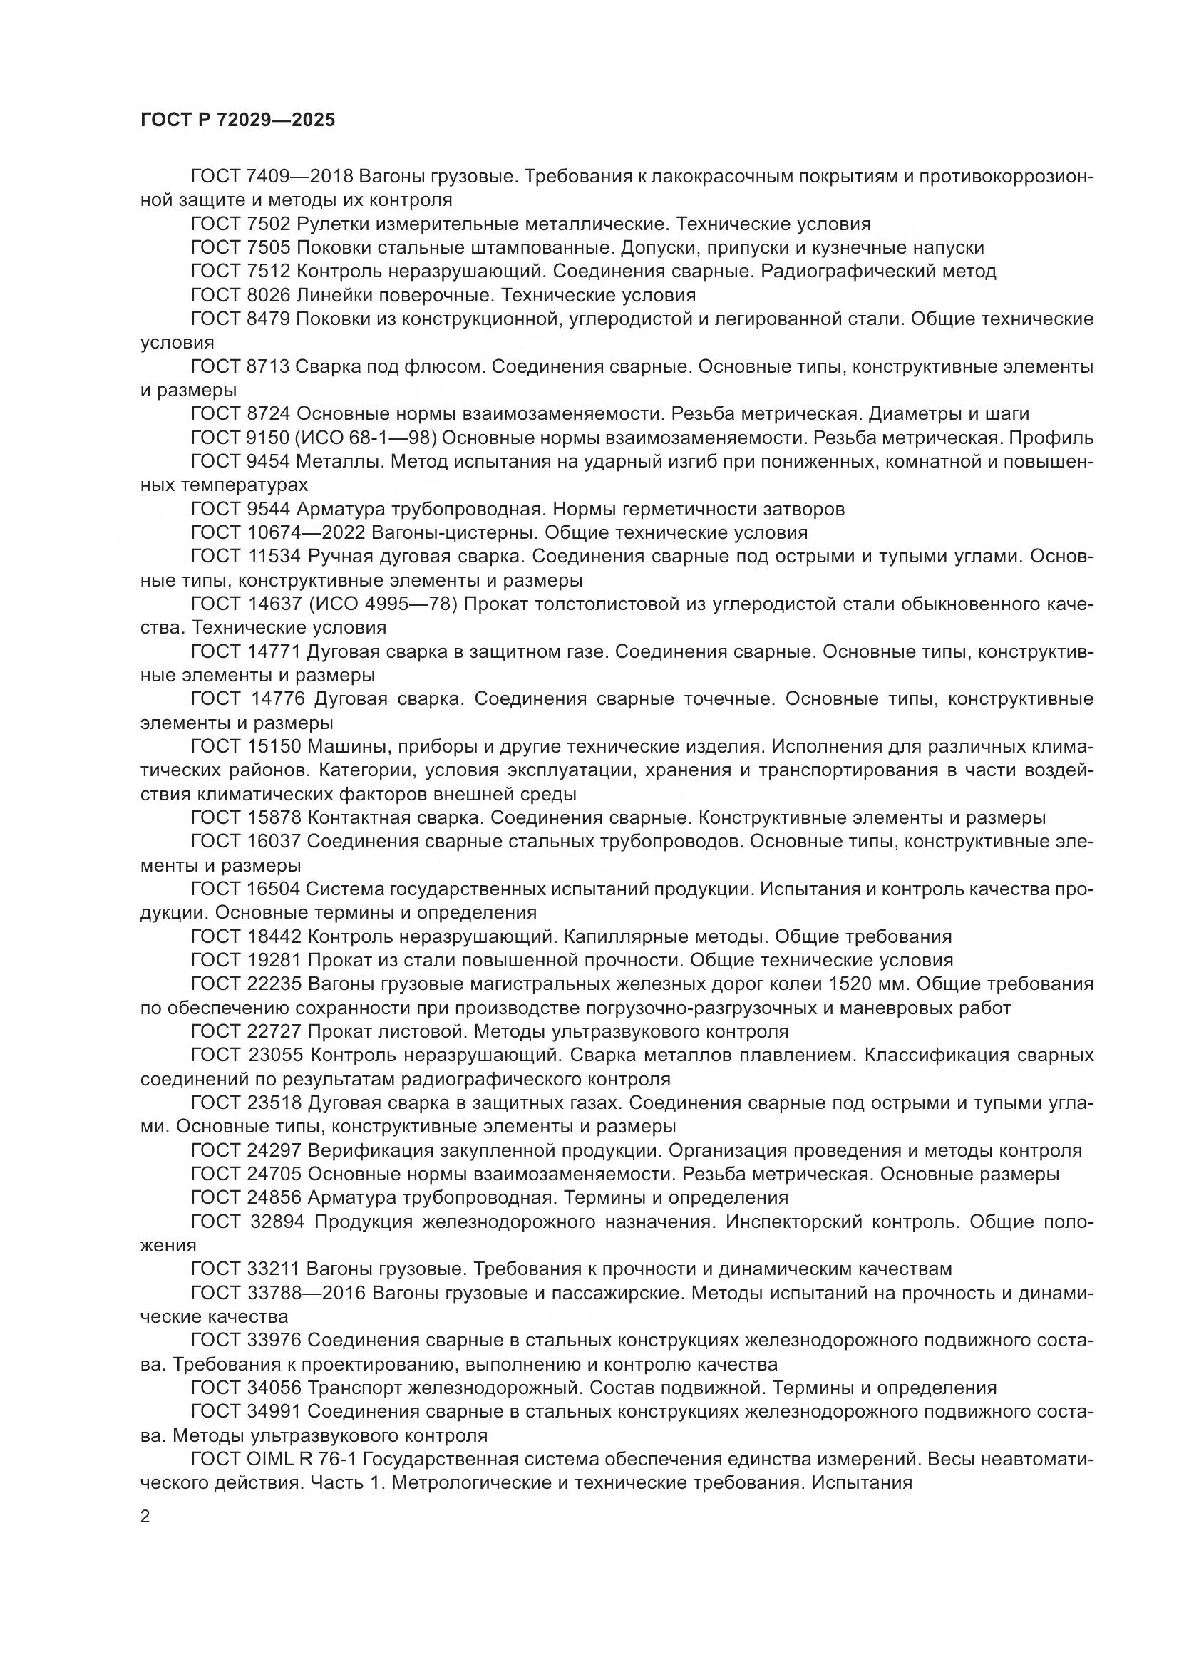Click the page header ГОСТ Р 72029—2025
tap(237, 120)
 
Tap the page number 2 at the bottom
tap(145, 1517)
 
